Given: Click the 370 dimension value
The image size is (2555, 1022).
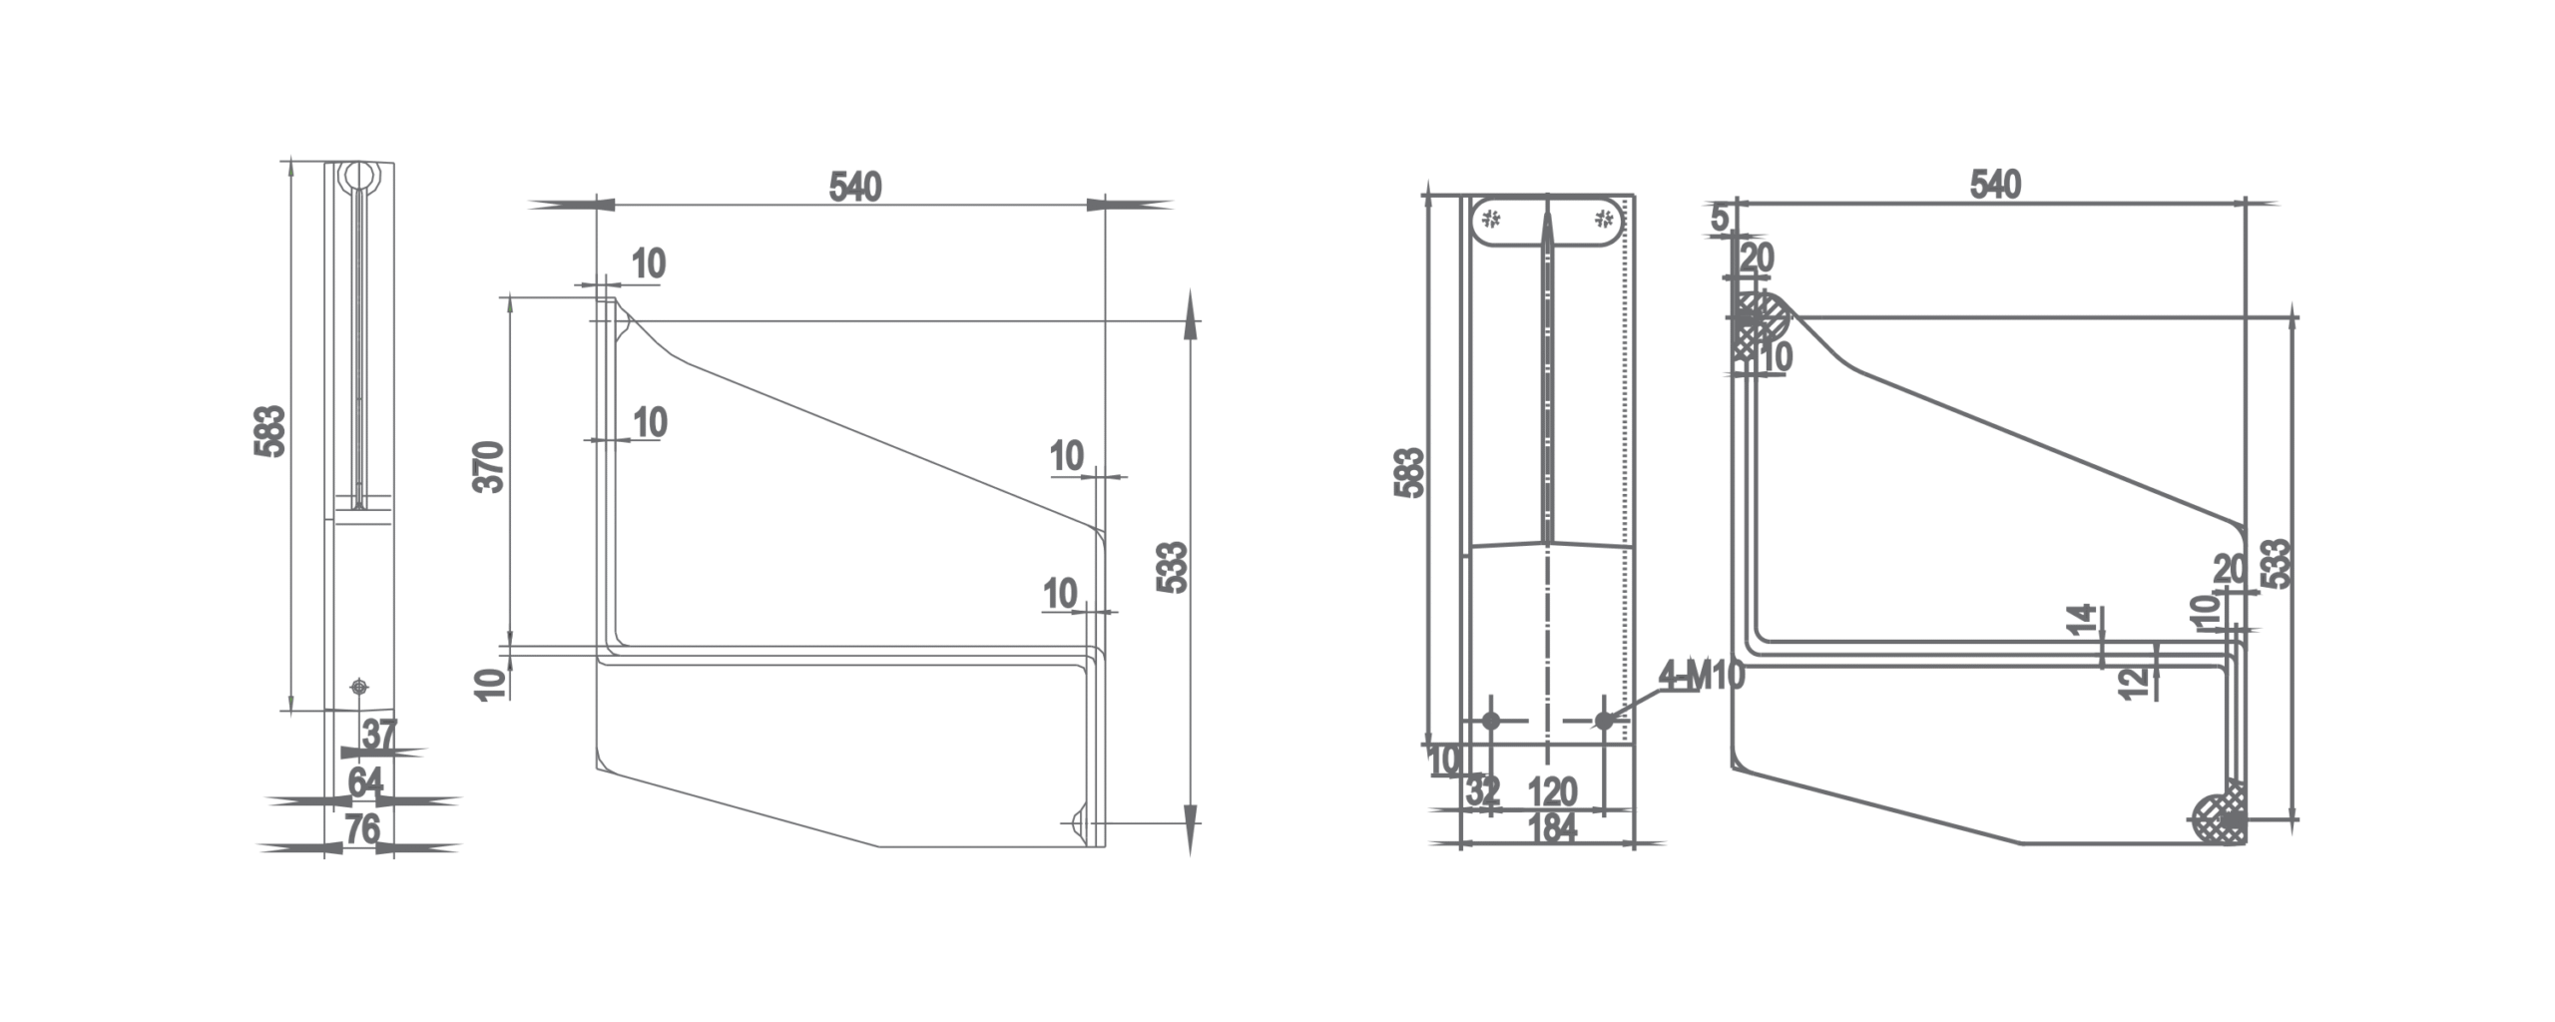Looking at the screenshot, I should [489, 466].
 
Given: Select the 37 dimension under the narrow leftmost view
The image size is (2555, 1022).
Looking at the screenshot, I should [379, 735].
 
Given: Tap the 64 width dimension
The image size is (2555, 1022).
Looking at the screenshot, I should [364, 781].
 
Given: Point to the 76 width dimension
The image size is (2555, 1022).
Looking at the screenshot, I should [362, 828].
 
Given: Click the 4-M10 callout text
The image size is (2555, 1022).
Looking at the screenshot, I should [1701, 677].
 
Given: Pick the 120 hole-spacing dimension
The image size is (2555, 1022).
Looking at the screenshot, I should [1552, 792].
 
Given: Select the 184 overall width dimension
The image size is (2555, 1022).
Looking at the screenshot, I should [1552, 827].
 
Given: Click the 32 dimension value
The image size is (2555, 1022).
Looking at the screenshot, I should [1483, 792].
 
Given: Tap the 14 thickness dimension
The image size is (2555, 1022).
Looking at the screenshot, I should [2081, 620].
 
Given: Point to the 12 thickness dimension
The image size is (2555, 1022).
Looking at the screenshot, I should [2132, 683].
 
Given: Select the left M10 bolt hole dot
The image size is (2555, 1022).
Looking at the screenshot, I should [1491, 721].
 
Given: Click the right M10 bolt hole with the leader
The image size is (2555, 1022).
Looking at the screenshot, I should [1604, 721].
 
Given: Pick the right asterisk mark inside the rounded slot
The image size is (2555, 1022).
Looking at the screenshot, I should [1604, 218].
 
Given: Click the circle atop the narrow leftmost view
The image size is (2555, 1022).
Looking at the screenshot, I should [357, 177].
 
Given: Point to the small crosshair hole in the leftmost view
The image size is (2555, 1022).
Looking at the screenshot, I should [359, 687].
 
